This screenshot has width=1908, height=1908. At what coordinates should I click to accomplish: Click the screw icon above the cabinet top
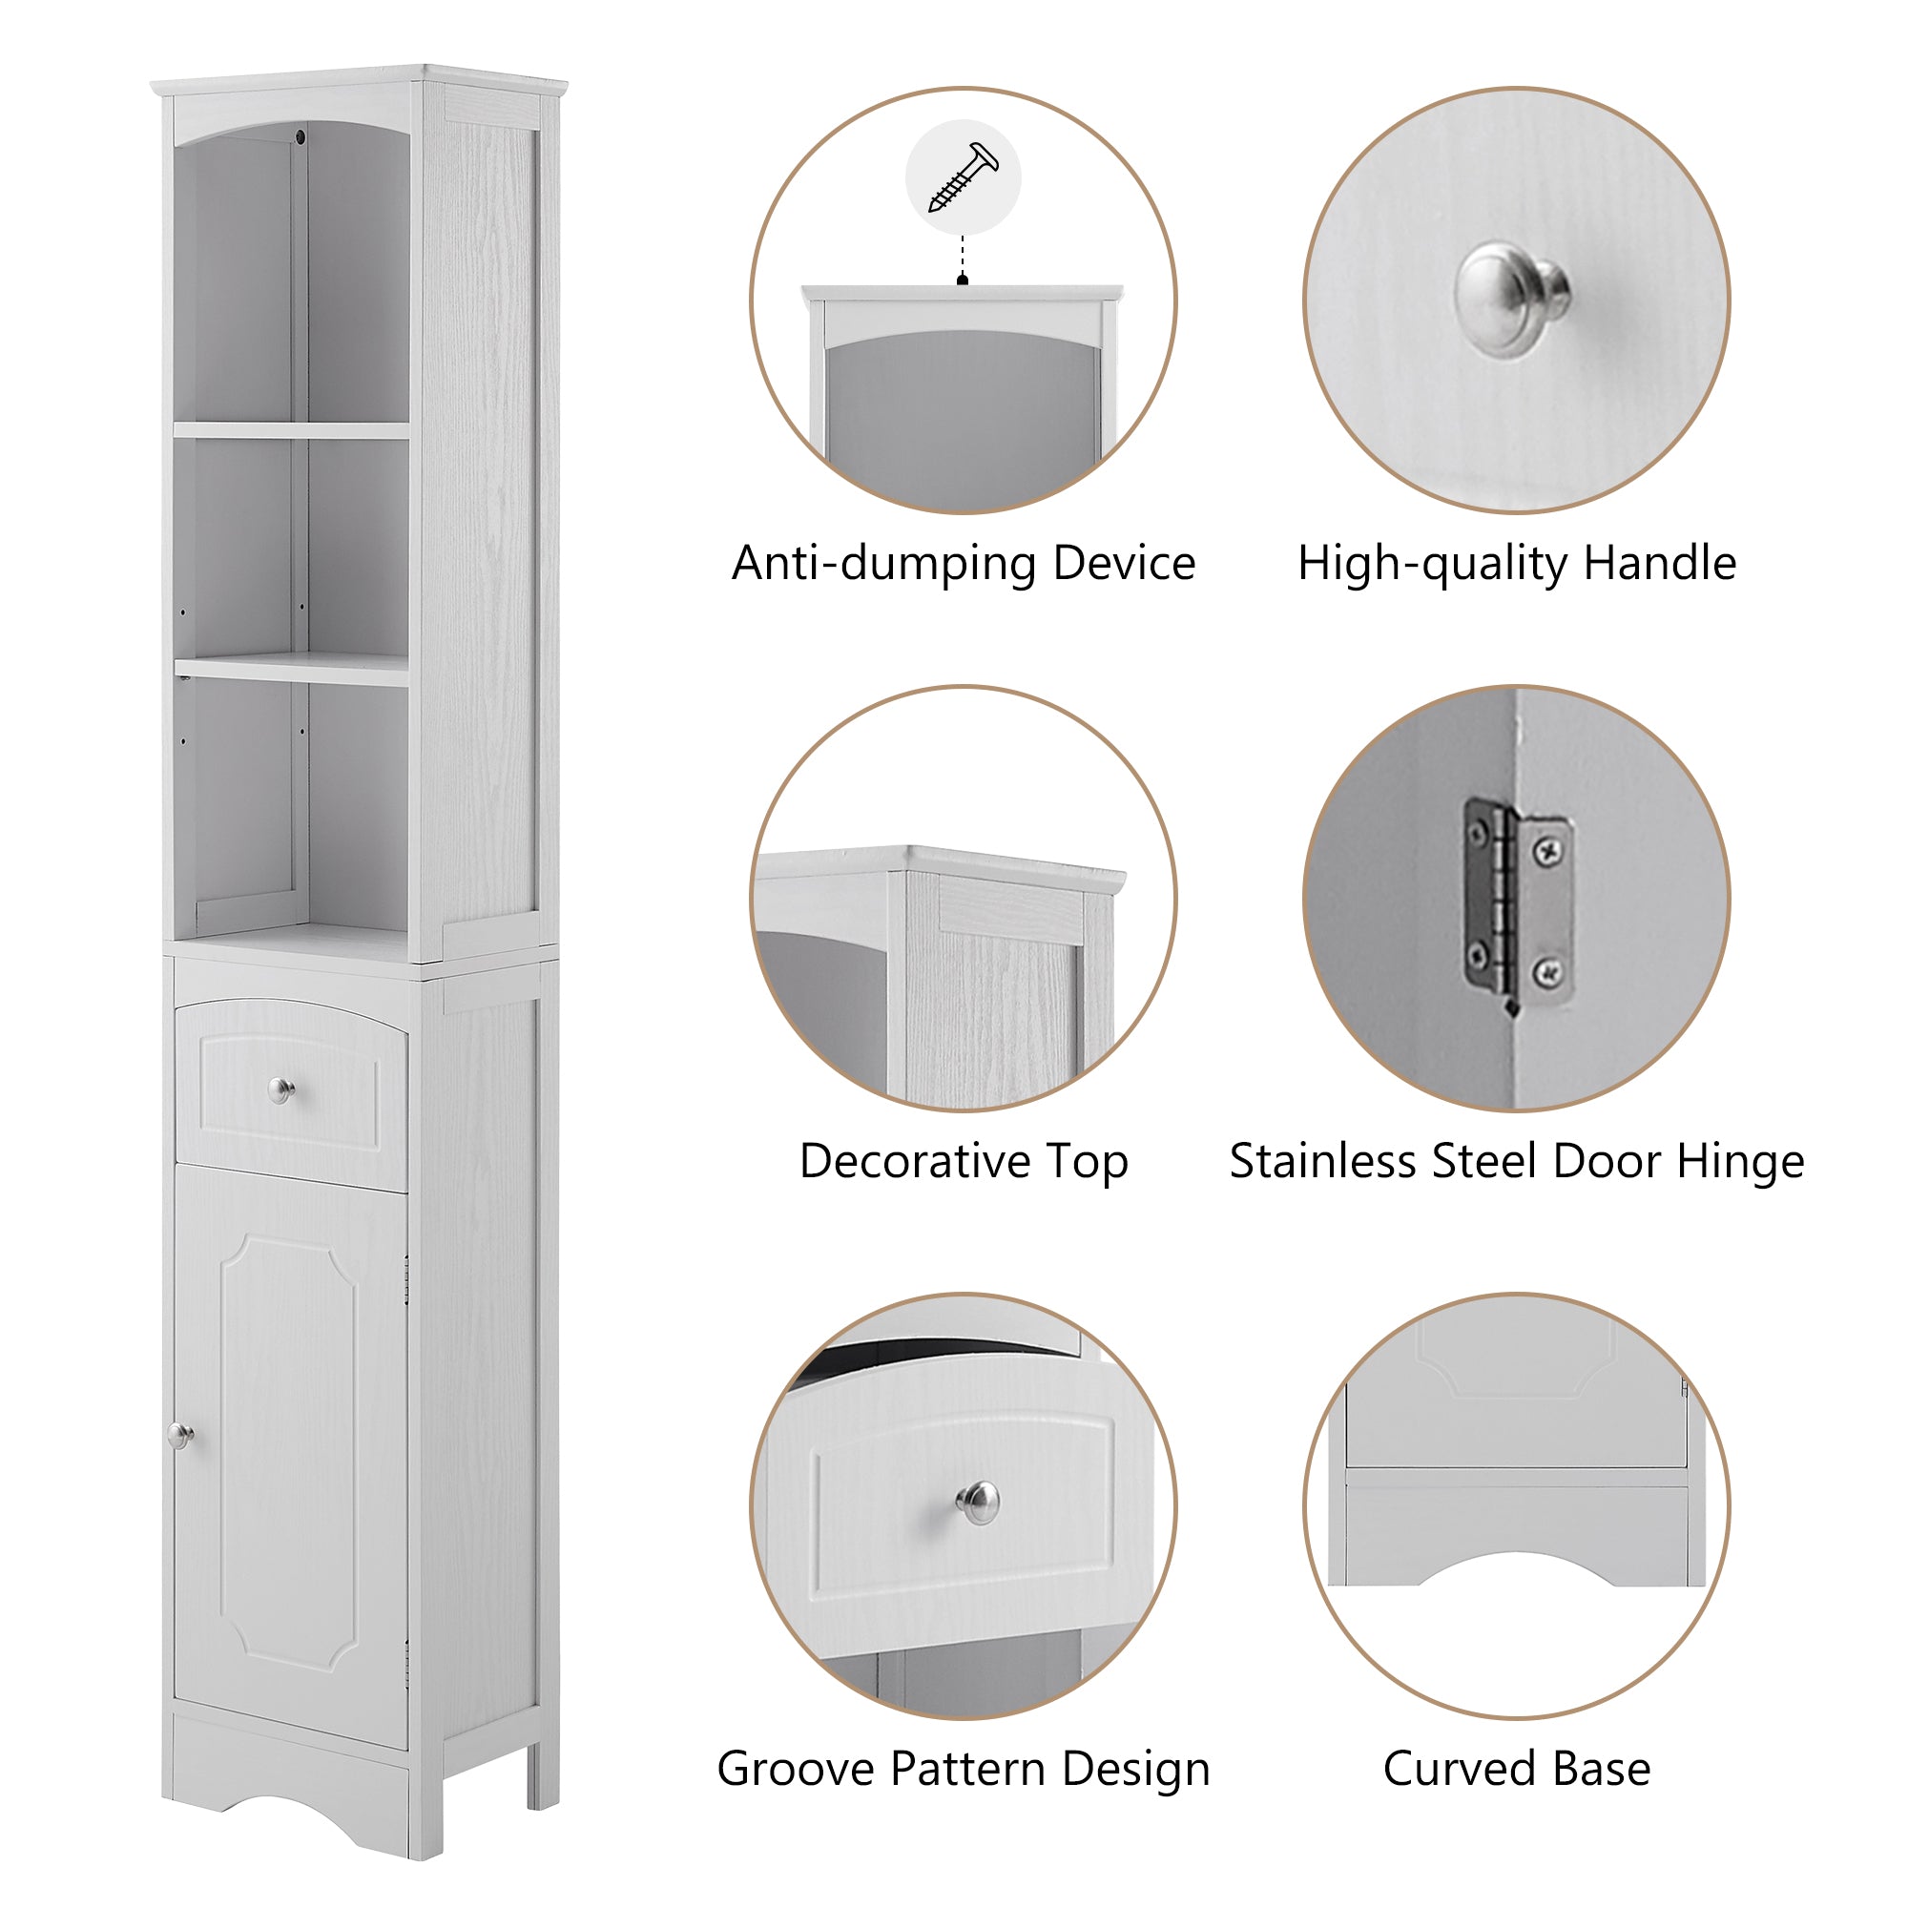pyautogui.click(x=963, y=177)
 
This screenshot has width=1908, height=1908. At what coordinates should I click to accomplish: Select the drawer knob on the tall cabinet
pyautogui.click(x=281, y=1090)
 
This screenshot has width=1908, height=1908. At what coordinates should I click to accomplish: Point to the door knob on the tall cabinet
pyautogui.click(x=179, y=1435)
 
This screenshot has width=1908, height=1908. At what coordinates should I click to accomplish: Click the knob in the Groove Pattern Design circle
pyautogui.click(x=978, y=1504)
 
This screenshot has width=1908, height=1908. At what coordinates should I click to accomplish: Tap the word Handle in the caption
pyautogui.click(x=1659, y=564)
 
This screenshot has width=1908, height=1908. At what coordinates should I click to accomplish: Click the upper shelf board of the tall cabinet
pyautogui.click(x=292, y=430)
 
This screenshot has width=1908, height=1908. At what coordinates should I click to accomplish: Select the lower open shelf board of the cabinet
pyautogui.click(x=292, y=669)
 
